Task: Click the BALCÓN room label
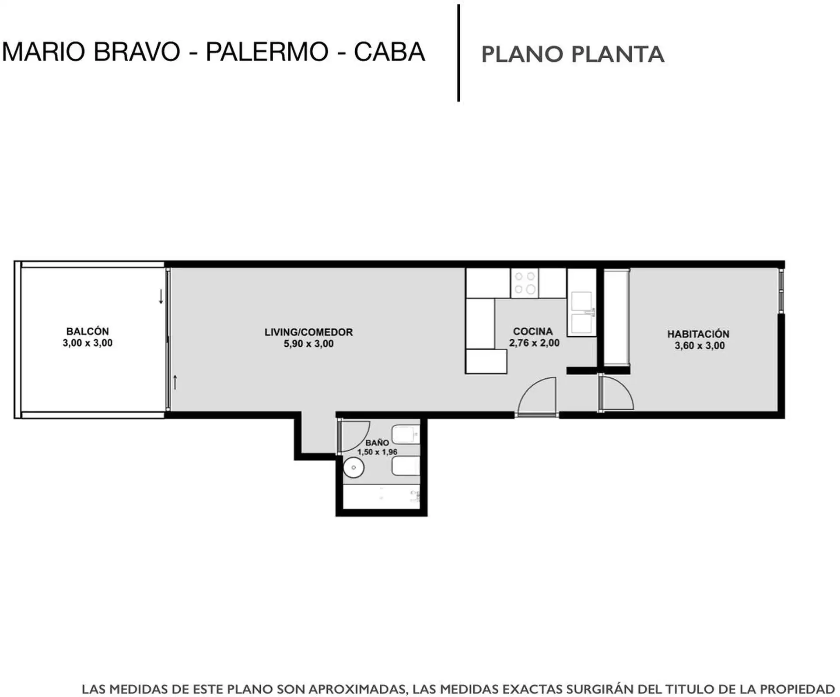coord(87,331)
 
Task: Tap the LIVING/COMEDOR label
coord(308,332)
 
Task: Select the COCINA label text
coord(533,331)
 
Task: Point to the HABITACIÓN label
coord(698,334)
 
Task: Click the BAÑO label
coord(377,443)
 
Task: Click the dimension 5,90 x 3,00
coord(308,344)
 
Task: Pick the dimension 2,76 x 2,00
coord(534,343)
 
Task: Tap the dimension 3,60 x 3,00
coord(700,345)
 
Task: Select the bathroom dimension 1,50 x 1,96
coord(377,452)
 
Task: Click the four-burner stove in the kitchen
coord(525,283)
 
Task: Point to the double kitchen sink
coord(582,312)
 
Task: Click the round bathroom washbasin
coord(353,468)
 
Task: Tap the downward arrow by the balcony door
coord(161,296)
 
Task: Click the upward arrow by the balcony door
coord(175,382)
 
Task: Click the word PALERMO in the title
coord(267,52)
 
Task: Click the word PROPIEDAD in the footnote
coord(796,689)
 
